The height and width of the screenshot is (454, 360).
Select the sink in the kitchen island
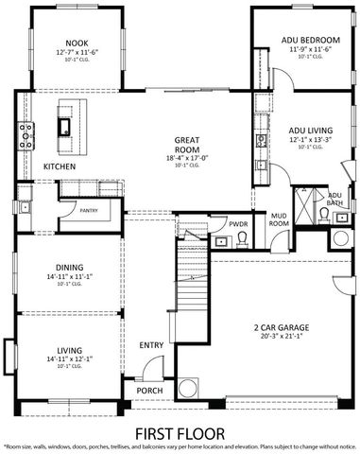pos(65,124)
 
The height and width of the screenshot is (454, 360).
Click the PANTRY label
pos(89,210)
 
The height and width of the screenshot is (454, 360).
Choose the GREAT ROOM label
pos(184,145)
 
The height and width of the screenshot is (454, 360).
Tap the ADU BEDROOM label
pos(304,39)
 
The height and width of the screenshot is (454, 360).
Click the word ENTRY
pos(151,345)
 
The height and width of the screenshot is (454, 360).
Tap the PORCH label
pos(148,390)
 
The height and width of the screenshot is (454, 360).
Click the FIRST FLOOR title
pos(179,431)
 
